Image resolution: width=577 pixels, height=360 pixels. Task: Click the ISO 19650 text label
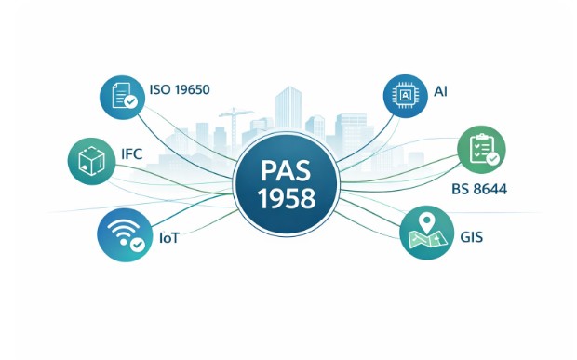(180, 89)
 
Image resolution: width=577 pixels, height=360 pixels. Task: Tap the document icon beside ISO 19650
(122, 97)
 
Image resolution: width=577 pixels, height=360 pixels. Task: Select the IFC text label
(132, 154)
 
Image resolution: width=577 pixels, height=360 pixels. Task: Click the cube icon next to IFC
(91, 161)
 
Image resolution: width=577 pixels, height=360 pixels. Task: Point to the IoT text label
(169, 238)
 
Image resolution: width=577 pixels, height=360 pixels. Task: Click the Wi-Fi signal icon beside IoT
(125, 234)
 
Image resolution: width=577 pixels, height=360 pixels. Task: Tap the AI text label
(441, 91)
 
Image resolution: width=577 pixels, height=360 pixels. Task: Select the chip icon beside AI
(406, 97)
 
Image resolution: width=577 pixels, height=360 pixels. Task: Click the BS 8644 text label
(479, 189)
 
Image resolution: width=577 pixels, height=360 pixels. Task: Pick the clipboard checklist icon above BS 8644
(481, 149)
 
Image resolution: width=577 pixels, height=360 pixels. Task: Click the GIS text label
(472, 237)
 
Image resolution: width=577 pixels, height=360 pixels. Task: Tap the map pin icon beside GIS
(426, 233)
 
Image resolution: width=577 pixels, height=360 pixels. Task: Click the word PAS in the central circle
(286, 171)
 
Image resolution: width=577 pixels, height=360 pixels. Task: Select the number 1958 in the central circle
(287, 198)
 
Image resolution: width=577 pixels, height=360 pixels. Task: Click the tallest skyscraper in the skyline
(288, 109)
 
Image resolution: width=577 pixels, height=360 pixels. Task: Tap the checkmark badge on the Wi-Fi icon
(138, 244)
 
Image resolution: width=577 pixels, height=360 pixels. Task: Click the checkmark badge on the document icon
(130, 101)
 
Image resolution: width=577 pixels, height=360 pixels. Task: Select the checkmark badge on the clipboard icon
(492, 159)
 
